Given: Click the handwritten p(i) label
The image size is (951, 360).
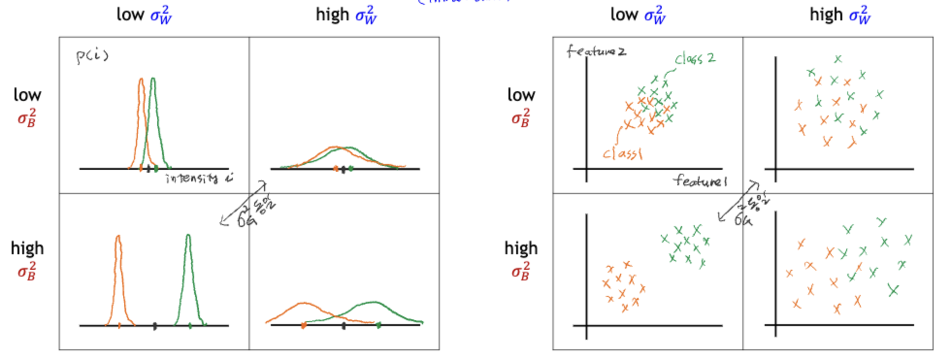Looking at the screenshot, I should pyautogui.click(x=92, y=56).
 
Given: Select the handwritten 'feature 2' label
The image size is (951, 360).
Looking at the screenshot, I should pyautogui.click(x=596, y=51).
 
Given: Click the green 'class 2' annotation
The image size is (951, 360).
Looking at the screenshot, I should pyautogui.click(x=695, y=59).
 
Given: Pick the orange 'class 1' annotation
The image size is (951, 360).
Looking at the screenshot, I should pyautogui.click(x=623, y=154).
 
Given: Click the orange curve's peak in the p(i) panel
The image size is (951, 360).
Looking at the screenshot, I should pyautogui.click(x=141, y=80).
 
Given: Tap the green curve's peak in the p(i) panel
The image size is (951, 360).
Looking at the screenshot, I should pyautogui.click(x=153, y=79).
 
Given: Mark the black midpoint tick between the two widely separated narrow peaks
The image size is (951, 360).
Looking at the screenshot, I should pyautogui.click(x=155, y=326).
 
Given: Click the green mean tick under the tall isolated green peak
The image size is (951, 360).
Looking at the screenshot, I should pyautogui.click(x=190, y=326).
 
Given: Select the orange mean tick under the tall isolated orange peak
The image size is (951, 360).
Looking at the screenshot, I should pyautogui.click(x=119, y=326).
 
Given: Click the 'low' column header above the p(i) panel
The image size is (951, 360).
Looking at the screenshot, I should pyautogui.click(x=130, y=14).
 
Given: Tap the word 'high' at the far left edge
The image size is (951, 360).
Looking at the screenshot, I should pyautogui.click(x=27, y=248).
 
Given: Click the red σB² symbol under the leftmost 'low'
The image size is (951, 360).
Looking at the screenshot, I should pyautogui.click(x=27, y=118).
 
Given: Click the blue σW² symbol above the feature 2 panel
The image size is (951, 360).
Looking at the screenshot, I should pyautogui.click(x=655, y=15).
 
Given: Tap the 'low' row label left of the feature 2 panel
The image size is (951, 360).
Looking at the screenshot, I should pyautogui.click(x=521, y=95).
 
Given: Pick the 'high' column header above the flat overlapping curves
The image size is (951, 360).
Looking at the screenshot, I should pyautogui.click(x=332, y=14).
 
